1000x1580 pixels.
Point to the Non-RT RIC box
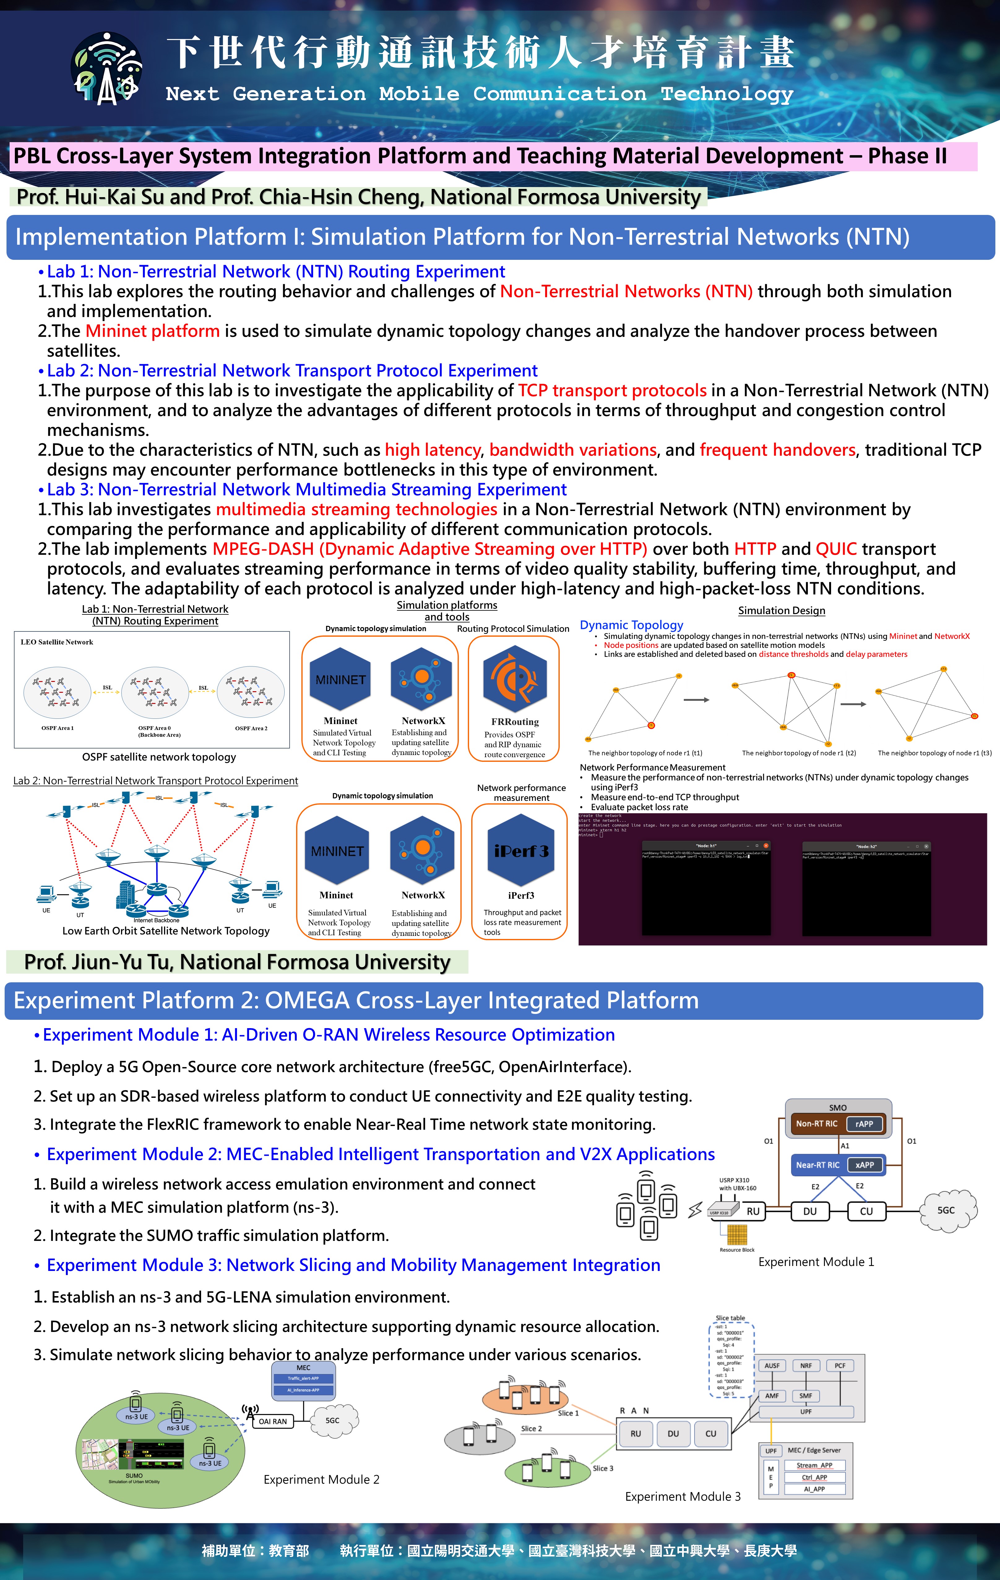click(x=817, y=1123)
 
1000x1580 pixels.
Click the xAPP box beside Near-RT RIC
click(x=864, y=1165)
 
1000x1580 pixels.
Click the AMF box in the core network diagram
click(x=772, y=1396)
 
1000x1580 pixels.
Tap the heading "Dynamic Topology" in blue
click(x=631, y=625)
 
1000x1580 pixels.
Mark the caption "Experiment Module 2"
click(x=321, y=1480)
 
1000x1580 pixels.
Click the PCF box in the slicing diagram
click(x=840, y=1365)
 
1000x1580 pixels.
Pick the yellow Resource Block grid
click(x=737, y=1234)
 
